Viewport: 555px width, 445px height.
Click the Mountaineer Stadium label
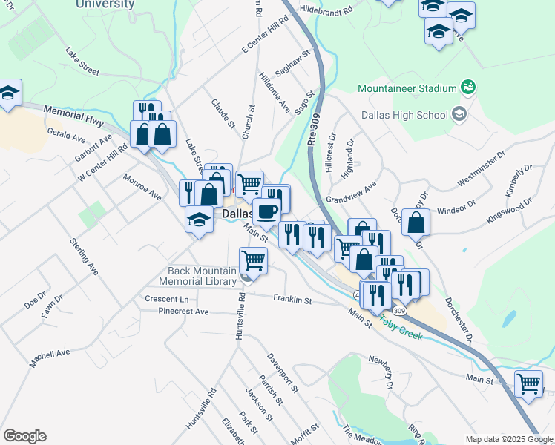coord(407,88)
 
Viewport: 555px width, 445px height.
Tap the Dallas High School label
coord(404,115)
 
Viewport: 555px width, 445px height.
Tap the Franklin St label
coord(292,300)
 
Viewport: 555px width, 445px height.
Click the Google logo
coord(24,436)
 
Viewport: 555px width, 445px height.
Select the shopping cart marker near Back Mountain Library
coord(254,261)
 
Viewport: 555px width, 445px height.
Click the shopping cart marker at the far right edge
coord(528,383)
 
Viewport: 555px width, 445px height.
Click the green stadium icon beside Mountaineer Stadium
coord(467,88)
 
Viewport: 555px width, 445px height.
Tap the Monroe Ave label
coord(142,187)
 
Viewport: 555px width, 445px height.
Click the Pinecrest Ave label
coord(183,311)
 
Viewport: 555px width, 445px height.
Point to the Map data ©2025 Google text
coord(508,438)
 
